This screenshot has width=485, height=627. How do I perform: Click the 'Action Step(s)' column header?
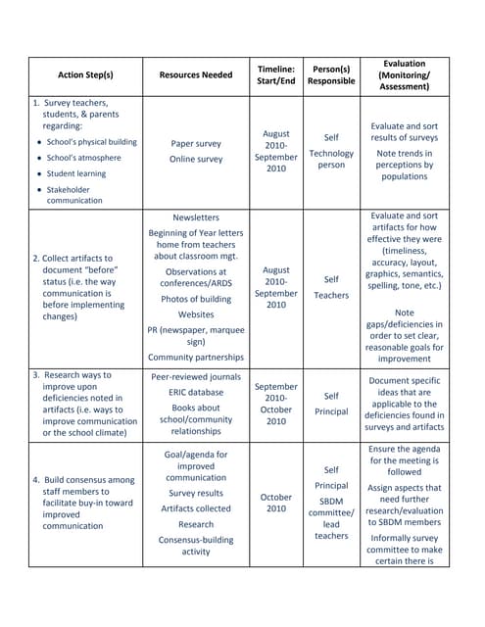85,74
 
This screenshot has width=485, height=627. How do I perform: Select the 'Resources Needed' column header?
196,74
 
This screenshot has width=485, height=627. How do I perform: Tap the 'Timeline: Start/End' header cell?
275,74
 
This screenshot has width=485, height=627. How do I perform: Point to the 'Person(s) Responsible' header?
331,74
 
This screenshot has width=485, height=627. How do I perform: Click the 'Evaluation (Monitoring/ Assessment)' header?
404,74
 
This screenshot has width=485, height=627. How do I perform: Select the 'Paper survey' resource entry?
196,142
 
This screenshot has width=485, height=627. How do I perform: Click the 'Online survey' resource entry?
196,159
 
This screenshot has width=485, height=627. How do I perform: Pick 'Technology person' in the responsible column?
331,159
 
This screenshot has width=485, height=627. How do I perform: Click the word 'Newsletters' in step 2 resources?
196,217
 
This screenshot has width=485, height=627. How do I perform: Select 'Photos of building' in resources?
196,299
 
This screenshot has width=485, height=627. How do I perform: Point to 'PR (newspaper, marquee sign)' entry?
196,335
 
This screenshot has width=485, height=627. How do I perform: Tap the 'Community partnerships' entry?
196,358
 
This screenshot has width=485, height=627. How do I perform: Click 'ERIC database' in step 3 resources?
196,392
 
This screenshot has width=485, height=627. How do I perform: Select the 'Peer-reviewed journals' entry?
196,376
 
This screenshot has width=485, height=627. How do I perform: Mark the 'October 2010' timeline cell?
275,502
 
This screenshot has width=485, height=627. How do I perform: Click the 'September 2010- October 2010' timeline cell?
275,404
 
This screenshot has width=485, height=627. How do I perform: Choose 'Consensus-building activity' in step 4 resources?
196,546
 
